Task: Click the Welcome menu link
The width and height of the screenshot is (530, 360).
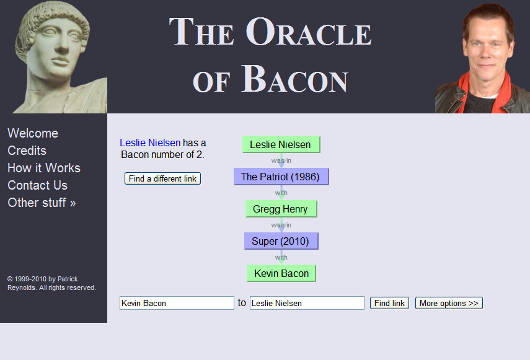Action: pos(33,133)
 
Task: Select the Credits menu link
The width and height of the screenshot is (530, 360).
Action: pos(27,151)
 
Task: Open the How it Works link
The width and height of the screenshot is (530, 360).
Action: pos(44,168)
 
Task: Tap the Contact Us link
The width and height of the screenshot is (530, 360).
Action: pos(38,185)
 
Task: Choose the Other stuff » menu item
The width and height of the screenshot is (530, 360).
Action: pos(42,203)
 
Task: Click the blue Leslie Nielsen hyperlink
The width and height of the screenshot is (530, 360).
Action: pos(150,143)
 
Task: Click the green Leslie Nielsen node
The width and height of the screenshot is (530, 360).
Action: pos(281,144)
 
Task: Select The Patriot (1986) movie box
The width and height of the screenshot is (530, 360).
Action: pos(281,177)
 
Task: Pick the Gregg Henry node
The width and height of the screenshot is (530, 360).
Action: pos(281,209)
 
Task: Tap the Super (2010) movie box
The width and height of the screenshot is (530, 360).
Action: pos(281,241)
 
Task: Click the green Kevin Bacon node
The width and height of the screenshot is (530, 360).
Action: pos(281,273)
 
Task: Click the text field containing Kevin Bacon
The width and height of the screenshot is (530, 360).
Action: pos(177,303)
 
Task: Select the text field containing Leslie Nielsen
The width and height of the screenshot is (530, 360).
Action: pos(307,303)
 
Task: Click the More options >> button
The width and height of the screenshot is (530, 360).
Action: pos(449,303)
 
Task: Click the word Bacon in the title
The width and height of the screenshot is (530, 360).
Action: pos(294,79)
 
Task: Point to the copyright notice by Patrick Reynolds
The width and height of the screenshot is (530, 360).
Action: pos(51,283)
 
